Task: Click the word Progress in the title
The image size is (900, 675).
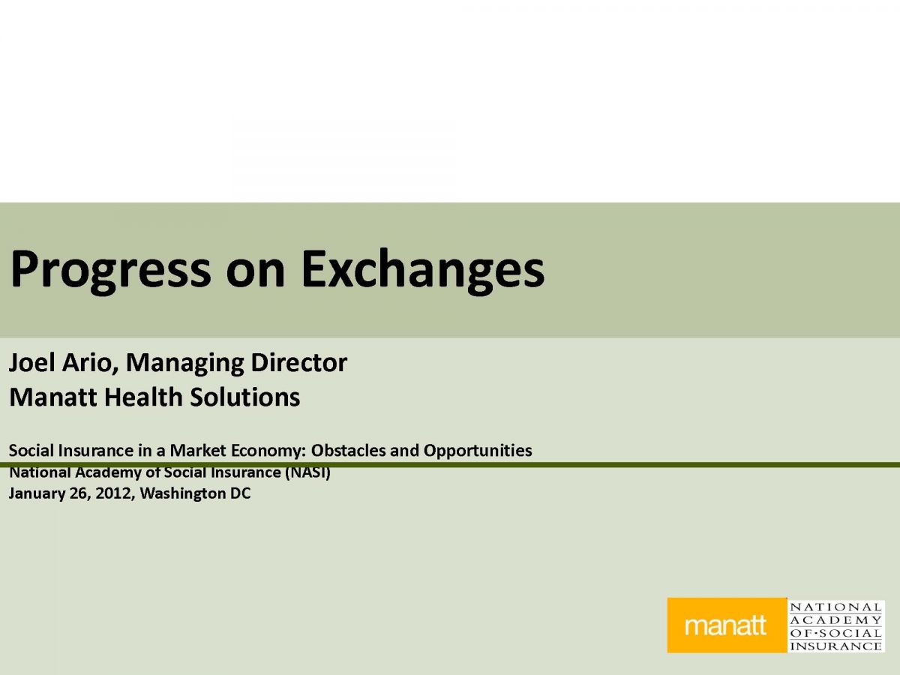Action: (x=111, y=271)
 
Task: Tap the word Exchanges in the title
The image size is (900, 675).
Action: (x=423, y=271)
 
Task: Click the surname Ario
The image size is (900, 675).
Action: (x=90, y=363)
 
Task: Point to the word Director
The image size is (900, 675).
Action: (x=298, y=363)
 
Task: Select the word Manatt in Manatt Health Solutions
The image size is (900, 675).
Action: (x=52, y=397)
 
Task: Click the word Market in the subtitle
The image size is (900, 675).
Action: (x=198, y=451)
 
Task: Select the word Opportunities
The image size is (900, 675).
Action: (x=478, y=451)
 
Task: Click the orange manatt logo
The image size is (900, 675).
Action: (x=727, y=625)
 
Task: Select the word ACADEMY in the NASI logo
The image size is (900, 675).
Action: (x=836, y=619)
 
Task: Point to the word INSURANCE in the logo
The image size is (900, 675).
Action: (x=836, y=646)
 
